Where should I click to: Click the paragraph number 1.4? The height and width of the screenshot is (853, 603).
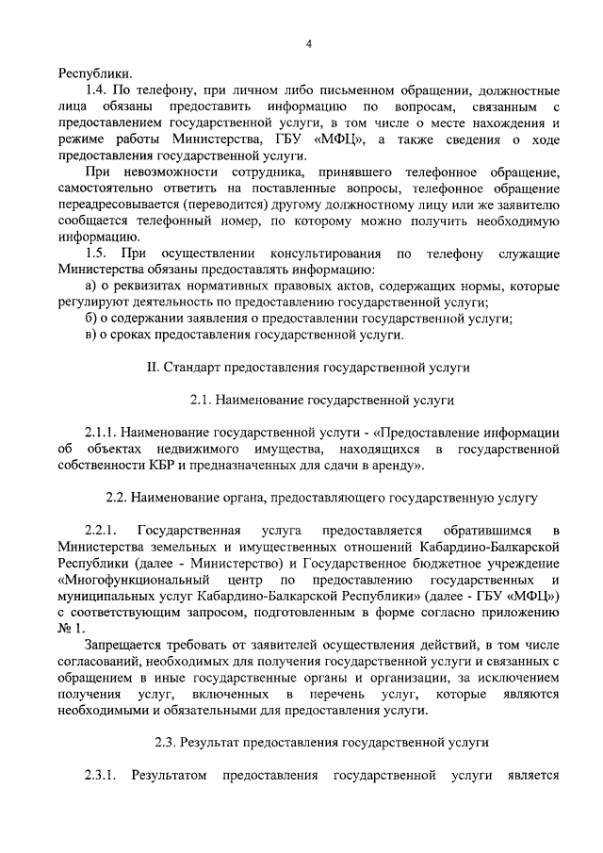97,91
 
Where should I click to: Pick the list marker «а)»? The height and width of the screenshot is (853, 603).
91,287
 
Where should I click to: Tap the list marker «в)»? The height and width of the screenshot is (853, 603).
91,335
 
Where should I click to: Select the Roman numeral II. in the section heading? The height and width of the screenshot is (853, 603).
155,368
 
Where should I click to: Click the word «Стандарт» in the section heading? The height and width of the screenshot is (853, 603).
197,368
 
